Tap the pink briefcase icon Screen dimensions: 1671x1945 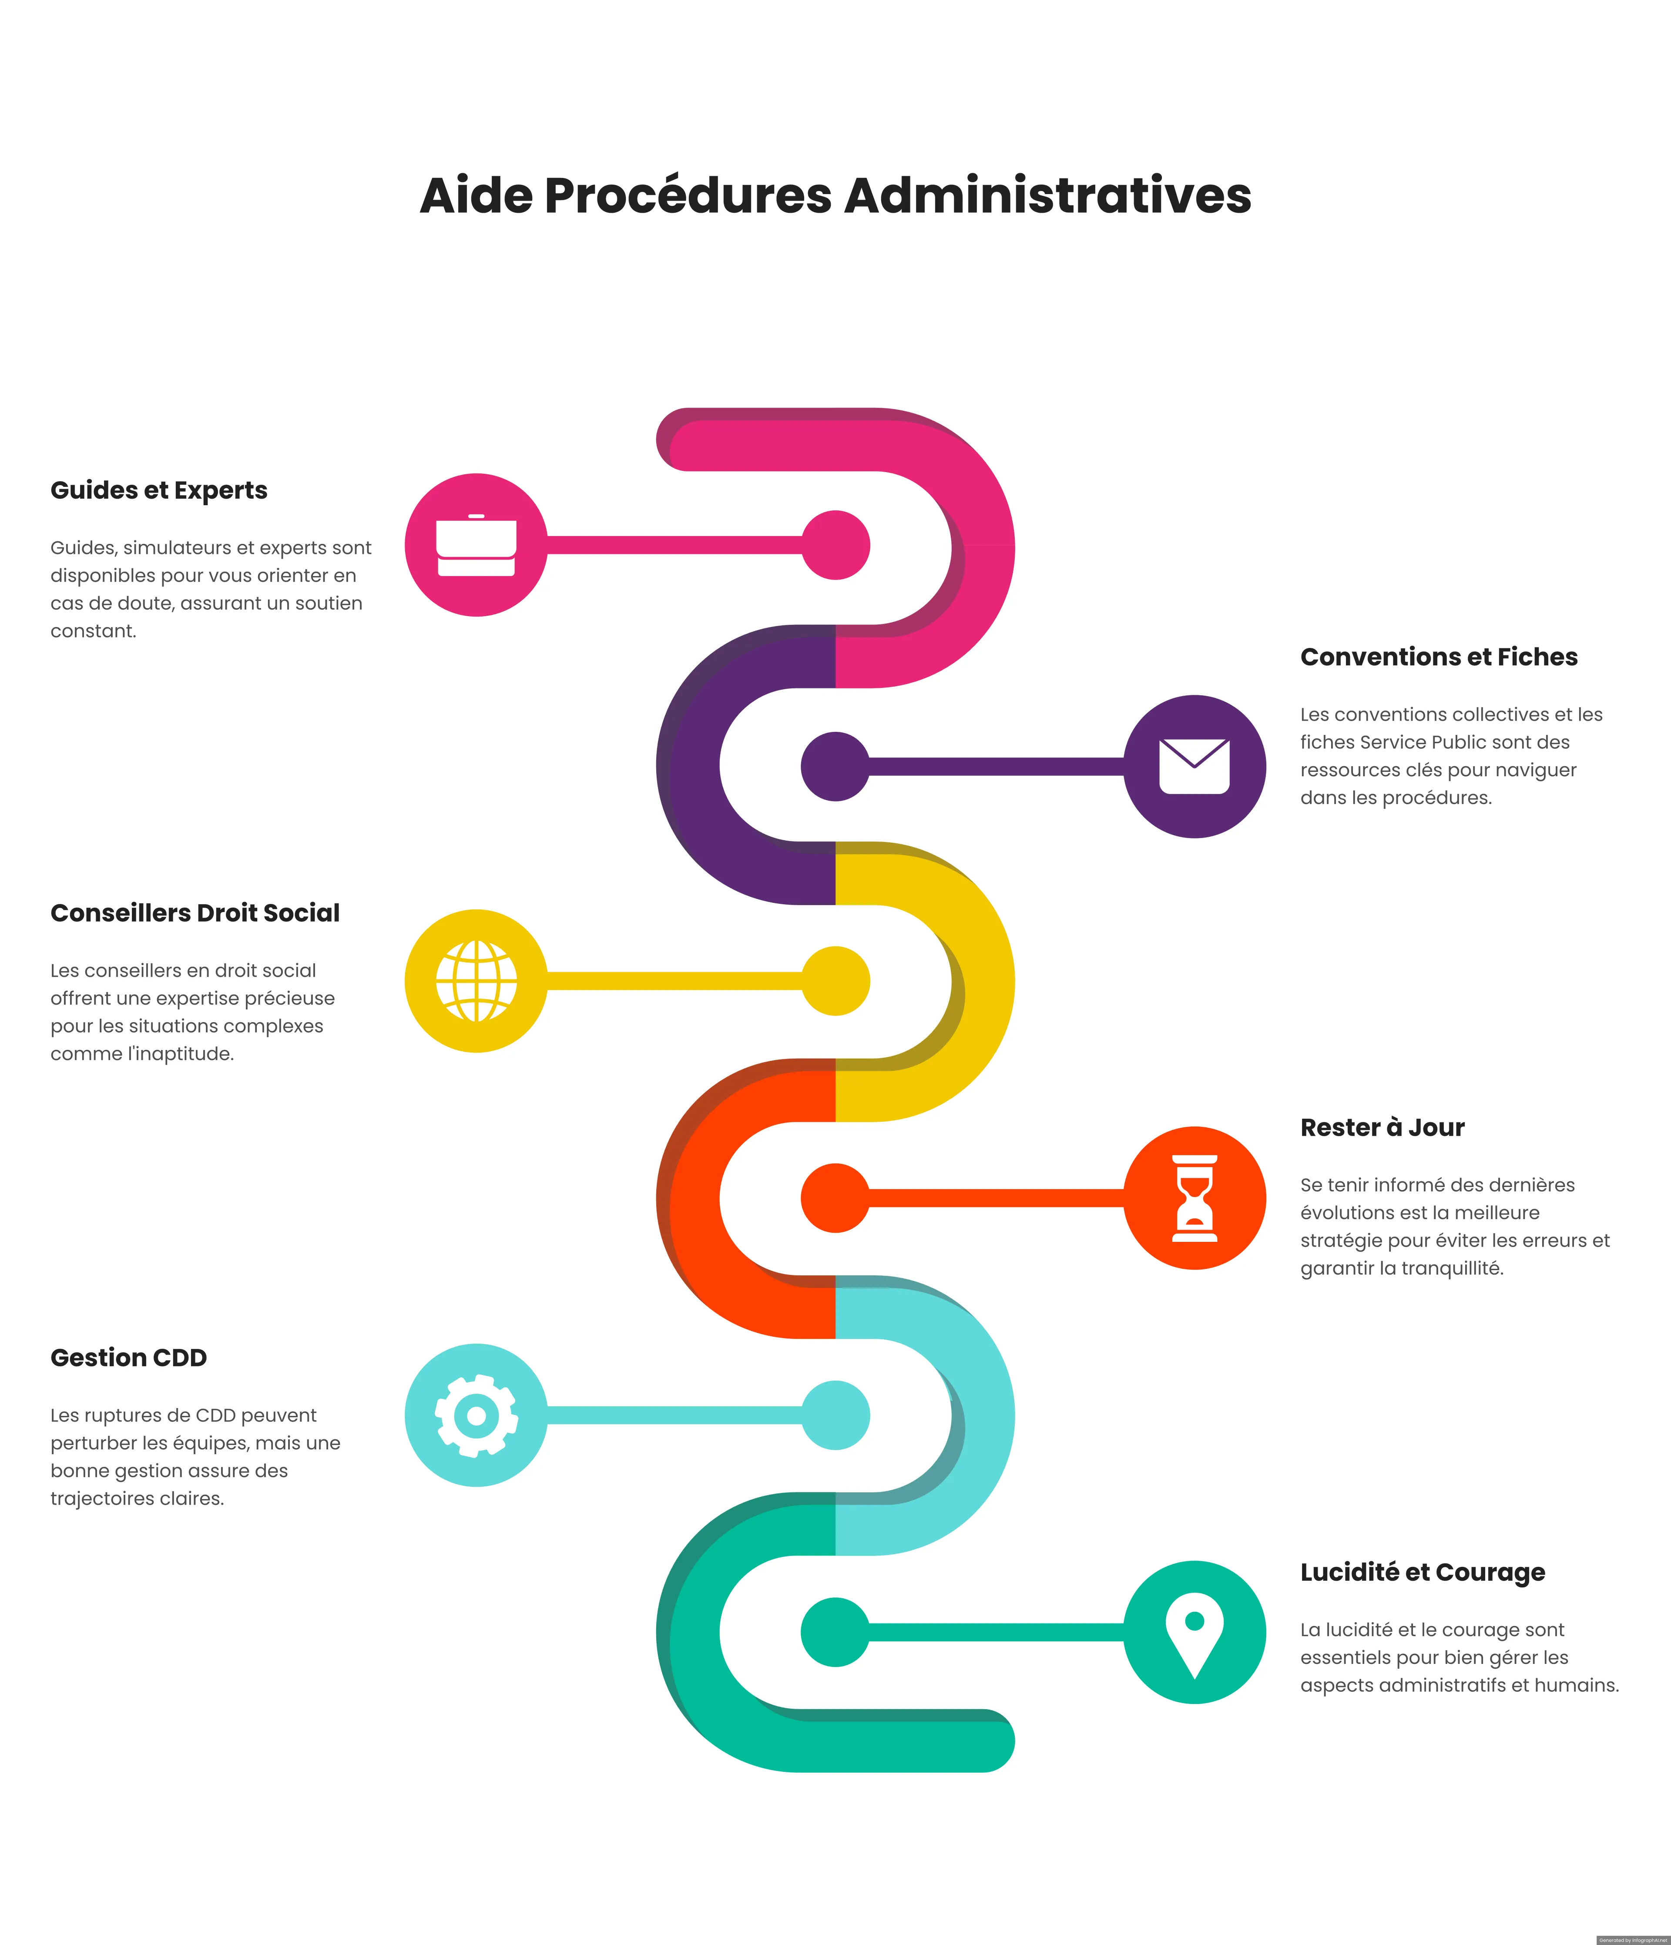tap(476, 544)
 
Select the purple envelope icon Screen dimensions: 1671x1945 tap(1194, 766)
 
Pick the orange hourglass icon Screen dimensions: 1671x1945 tap(1194, 1198)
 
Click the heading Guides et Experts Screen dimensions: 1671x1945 tap(159, 490)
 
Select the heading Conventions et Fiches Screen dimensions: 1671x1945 tap(1438, 657)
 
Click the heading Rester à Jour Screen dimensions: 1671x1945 tap(1382, 1127)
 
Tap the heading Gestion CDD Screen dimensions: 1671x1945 tap(129, 1358)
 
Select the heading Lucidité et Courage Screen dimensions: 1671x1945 tap(1422, 1573)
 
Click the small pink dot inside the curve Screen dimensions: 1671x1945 tap(835, 544)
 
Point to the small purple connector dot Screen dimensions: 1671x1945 tap(835, 766)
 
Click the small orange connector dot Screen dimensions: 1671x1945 tap(835, 1198)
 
